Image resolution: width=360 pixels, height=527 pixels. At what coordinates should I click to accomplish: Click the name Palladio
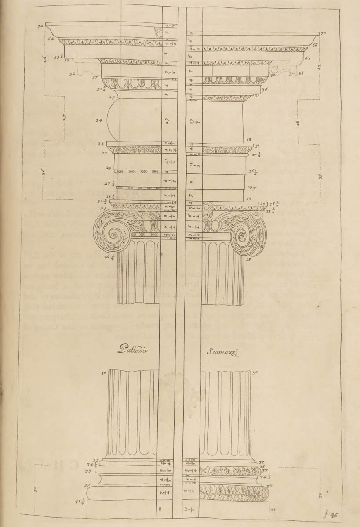(134, 350)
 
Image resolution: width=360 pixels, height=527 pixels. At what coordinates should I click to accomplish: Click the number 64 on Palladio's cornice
(51, 39)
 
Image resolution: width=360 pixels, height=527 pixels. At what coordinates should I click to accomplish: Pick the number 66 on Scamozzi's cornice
(315, 45)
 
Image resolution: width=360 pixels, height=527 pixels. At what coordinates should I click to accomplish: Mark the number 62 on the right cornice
(308, 58)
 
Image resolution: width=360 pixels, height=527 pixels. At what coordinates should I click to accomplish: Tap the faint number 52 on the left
(71, 74)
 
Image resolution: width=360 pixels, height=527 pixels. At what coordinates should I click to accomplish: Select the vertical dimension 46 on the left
(45, 58)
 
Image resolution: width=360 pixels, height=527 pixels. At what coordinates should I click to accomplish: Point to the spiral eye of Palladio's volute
(113, 233)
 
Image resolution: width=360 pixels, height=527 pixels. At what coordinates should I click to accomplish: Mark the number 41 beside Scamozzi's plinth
(273, 509)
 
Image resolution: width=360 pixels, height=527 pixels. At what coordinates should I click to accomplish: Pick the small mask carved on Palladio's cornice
(157, 32)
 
